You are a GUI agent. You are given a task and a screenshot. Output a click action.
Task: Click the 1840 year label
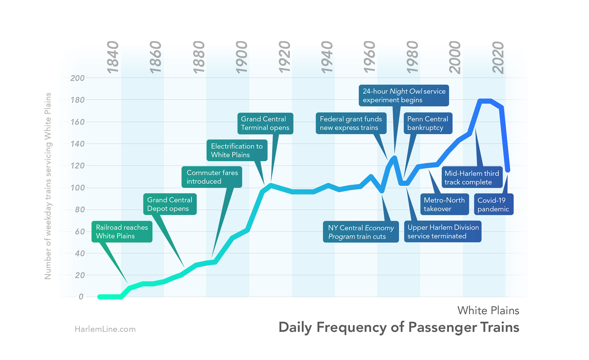113,58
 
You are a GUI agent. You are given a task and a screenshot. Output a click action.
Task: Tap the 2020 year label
498,58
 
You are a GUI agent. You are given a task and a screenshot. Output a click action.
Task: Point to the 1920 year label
284,58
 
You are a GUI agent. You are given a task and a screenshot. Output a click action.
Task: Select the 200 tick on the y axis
78,78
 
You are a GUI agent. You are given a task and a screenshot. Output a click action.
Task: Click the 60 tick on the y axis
80,231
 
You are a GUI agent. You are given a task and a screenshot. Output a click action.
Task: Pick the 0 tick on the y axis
81,297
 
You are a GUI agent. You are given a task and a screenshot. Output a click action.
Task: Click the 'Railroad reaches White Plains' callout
122,232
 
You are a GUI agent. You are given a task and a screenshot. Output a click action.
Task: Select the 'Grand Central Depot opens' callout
170,204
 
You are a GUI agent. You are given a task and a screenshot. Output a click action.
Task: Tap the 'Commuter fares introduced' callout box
212,177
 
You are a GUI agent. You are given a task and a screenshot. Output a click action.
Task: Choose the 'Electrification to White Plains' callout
237,150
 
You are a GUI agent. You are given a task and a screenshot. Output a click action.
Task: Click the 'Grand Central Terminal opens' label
265,123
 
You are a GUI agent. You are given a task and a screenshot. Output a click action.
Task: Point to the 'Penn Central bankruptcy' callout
428,123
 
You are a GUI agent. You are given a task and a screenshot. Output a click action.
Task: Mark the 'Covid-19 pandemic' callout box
493,204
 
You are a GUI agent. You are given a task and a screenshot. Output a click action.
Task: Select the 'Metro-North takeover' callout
444,204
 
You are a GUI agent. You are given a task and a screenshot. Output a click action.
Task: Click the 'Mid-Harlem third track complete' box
472,178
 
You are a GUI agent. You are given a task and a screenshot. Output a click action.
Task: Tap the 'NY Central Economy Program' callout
361,232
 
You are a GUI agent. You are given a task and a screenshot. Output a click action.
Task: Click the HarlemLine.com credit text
105,329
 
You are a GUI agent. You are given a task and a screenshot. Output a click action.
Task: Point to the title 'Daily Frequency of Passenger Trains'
399,327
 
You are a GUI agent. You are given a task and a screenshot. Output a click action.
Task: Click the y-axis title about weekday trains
48,186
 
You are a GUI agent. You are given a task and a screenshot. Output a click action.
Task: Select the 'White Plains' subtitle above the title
488,310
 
